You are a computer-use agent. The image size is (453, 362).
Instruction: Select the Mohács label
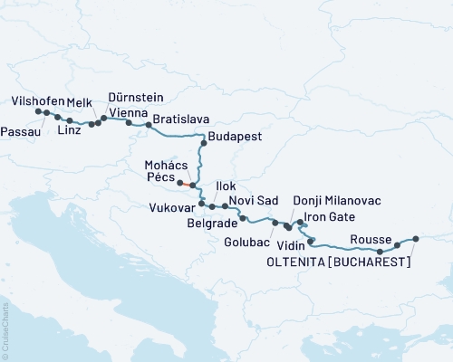[x=166, y=165]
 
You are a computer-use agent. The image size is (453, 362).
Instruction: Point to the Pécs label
[x=159, y=177]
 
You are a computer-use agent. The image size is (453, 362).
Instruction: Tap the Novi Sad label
[x=253, y=200]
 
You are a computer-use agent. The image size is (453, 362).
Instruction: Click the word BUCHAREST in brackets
[x=371, y=262]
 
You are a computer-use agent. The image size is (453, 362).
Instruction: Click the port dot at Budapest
[x=204, y=142]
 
